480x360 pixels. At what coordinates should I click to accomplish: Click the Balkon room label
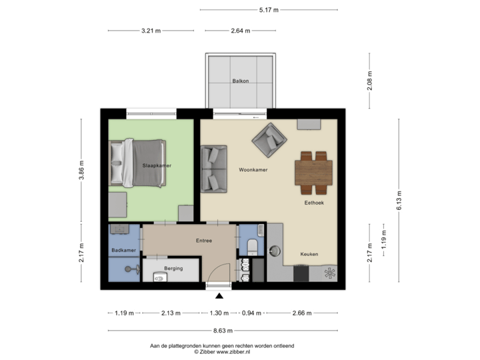[x=241, y=81]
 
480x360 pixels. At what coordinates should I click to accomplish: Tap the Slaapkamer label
[x=155, y=165]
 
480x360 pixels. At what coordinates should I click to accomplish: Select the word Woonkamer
[x=253, y=170]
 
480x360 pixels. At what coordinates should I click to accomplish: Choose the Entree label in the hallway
[x=203, y=241]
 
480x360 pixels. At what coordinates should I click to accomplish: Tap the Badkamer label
[x=123, y=250]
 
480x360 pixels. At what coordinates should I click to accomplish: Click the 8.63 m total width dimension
[x=225, y=330]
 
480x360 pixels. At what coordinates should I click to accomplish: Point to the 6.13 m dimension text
[x=399, y=198]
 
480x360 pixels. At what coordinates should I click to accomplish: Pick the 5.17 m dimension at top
[x=269, y=10]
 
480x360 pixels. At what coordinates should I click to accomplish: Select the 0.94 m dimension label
[x=251, y=313]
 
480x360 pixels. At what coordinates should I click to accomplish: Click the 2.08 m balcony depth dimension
[x=370, y=81]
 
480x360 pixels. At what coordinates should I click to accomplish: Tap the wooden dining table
[x=313, y=169]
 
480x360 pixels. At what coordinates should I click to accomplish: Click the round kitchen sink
[x=275, y=250]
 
